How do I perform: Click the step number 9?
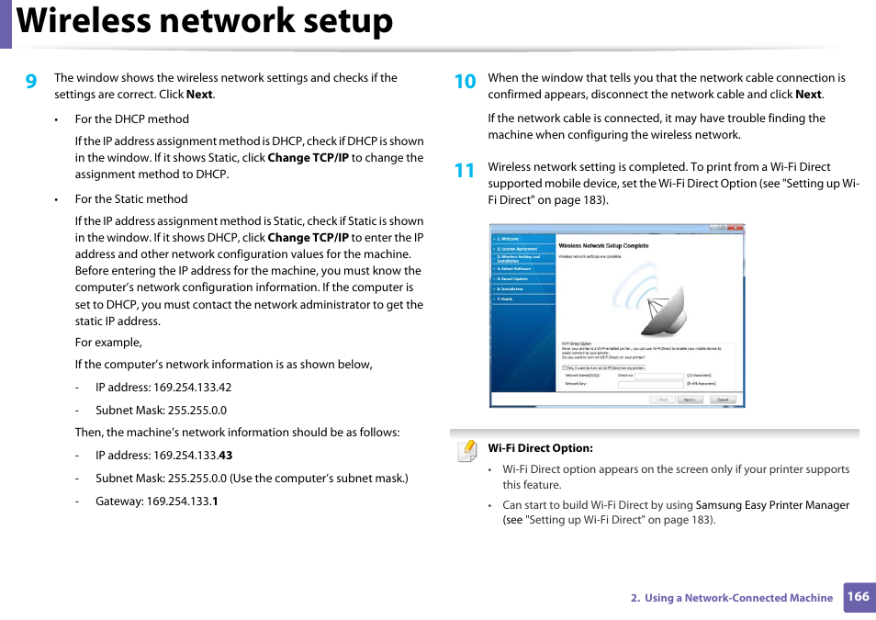tap(31, 82)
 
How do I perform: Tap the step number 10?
tap(465, 82)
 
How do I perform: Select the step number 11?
tap(465, 171)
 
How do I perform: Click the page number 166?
tap(858, 596)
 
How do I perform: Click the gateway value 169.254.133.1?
tap(182, 502)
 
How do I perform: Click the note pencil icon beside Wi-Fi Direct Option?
tap(467, 450)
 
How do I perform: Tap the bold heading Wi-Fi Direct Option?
tap(540, 449)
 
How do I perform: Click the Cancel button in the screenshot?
tap(722, 400)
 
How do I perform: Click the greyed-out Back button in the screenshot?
tap(661, 400)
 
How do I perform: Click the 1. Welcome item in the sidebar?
tap(510, 239)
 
